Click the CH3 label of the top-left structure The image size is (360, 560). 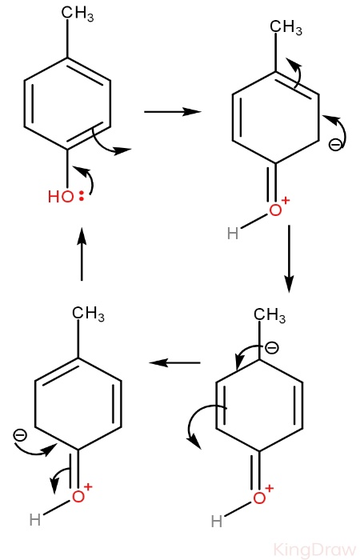(x=78, y=14)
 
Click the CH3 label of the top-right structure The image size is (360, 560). (x=286, y=27)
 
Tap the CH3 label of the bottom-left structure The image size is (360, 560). (x=88, y=314)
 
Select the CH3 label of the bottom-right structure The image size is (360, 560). (x=270, y=315)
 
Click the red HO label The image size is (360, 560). (x=61, y=197)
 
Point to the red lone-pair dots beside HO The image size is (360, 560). (x=82, y=197)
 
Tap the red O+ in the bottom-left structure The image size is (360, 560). (x=82, y=494)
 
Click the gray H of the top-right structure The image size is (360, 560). (x=233, y=234)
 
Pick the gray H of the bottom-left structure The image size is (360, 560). (x=34, y=520)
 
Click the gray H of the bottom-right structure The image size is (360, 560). (x=217, y=522)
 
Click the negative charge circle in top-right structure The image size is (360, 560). (x=335, y=145)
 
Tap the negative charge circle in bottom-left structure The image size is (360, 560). (x=19, y=435)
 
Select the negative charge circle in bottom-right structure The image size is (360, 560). (x=272, y=348)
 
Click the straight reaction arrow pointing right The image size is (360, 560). (x=173, y=112)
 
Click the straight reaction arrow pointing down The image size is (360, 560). (x=289, y=259)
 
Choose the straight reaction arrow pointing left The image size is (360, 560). (x=174, y=363)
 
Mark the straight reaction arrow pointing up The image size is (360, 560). (x=82, y=254)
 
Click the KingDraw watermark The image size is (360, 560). (x=315, y=550)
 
